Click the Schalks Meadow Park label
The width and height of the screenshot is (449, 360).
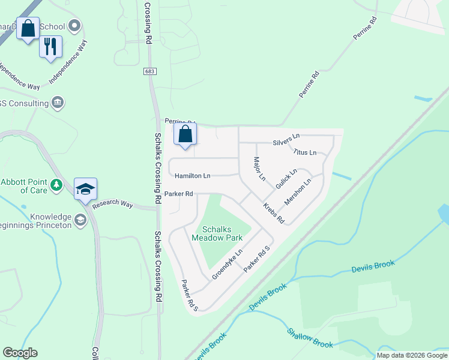[217, 233]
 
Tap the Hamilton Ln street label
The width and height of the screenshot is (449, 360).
[193, 176]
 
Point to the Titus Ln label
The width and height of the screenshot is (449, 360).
[304, 152]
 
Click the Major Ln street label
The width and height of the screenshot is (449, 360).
[259, 169]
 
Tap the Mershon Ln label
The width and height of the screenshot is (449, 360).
[298, 191]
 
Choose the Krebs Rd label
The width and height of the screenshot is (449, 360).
[274, 214]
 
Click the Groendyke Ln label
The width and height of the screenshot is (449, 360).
[226, 264]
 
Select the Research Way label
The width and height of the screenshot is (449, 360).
[113, 204]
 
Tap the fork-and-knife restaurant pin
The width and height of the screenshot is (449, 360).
[50, 46]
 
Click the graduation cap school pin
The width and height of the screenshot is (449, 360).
[85, 188]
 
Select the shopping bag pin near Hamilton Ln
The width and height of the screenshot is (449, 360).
[185, 134]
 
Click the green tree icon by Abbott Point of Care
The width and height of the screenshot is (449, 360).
[56, 184]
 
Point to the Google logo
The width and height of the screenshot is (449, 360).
[20, 353]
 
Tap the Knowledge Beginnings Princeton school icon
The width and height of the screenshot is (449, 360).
[79, 221]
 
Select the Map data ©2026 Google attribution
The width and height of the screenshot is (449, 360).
[412, 355]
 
